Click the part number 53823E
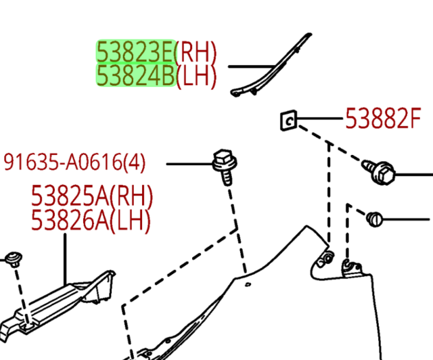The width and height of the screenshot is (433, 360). click(x=135, y=51)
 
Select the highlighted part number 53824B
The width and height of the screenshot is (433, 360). click(x=135, y=75)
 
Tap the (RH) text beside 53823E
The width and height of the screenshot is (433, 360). click(x=196, y=53)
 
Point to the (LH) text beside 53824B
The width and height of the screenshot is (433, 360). click(x=196, y=76)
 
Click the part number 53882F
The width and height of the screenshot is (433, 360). click(x=383, y=118)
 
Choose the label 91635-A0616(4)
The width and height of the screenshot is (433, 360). click(x=74, y=162)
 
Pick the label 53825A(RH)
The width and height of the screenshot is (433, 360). click(x=92, y=196)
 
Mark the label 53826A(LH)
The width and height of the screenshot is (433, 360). click(x=91, y=220)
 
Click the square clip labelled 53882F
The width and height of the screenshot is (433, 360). click(x=289, y=120)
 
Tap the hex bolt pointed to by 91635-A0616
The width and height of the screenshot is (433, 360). click(x=225, y=166)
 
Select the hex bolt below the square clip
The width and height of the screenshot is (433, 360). click(x=379, y=171)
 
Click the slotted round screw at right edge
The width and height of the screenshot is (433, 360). click(x=374, y=219)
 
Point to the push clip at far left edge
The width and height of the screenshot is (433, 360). click(x=14, y=259)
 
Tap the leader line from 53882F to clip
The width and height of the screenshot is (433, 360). click(x=320, y=118)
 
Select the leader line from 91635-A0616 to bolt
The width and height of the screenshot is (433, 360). click(x=189, y=164)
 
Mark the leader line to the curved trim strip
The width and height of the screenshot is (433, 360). click(x=252, y=66)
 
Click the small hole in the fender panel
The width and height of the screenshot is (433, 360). click(x=248, y=284)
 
